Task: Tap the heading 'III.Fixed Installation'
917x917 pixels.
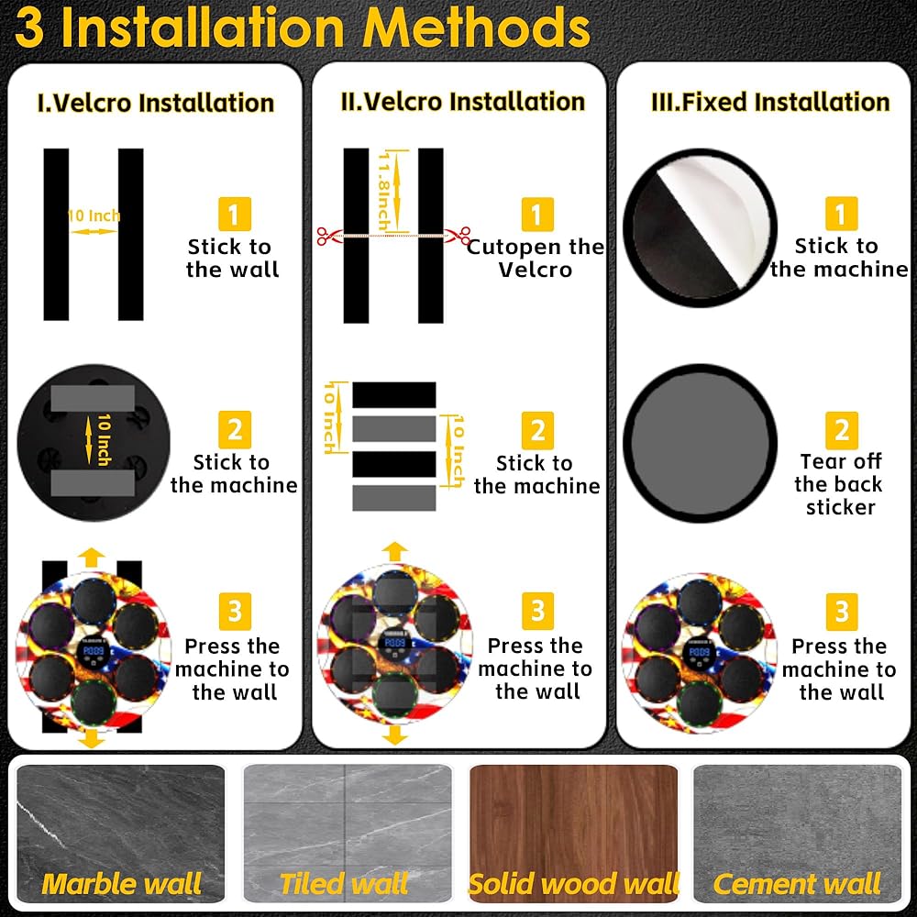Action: click(x=770, y=103)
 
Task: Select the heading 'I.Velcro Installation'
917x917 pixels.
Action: click(x=156, y=103)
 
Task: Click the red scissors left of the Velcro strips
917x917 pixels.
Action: click(x=326, y=236)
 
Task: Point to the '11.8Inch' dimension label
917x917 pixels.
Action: click(x=384, y=191)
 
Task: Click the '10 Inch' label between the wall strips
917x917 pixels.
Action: click(x=94, y=215)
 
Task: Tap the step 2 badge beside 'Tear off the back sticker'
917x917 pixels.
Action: click(x=842, y=430)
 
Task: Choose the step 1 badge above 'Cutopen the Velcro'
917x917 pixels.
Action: click(x=537, y=215)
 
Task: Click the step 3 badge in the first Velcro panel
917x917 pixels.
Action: click(x=235, y=612)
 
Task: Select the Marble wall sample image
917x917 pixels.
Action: click(x=120, y=834)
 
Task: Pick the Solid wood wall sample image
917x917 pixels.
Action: click(x=573, y=834)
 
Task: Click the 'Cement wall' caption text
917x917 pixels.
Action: click(x=797, y=884)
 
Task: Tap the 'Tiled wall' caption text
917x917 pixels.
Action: click(x=344, y=884)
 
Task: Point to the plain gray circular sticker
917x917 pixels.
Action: click(x=700, y=443)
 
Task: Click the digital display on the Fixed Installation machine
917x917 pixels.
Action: click(x=699, y=651)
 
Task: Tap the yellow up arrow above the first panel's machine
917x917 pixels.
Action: click(x=91, y=558)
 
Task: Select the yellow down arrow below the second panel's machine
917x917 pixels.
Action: click(x=395, y=735)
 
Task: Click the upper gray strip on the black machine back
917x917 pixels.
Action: click(x=93, y=398)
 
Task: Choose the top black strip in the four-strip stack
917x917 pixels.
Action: click(x=394, y=394)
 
